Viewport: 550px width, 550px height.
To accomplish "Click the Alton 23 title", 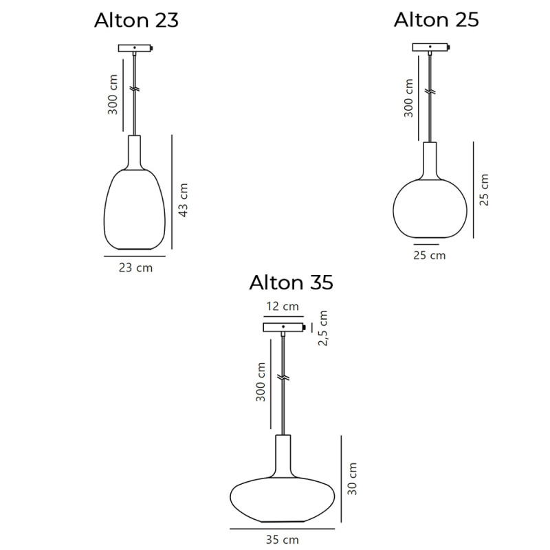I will (136, 21).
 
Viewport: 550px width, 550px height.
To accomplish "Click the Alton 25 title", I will (436, 20).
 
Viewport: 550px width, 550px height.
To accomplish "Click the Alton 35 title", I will (291, 283).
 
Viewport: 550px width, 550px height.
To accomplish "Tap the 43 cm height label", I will (183, 200).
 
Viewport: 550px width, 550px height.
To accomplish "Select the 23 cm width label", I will (135, 268).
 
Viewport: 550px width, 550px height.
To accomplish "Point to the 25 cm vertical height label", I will (485, 190).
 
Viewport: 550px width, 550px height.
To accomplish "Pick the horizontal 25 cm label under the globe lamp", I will (429, 256).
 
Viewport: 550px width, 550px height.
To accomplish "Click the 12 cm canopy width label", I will (283, 307).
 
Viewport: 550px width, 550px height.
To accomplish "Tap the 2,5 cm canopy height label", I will (323, 328).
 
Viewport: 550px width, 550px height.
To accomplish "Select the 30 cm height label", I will (353, 480).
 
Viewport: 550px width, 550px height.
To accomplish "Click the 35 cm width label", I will (283, 540).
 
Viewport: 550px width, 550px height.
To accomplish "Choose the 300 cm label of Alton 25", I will (408, 98).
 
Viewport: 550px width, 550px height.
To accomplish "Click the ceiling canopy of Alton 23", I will (135, 49).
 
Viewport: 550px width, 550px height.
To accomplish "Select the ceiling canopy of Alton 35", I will (283, 326).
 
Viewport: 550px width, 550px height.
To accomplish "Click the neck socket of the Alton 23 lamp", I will (135, 151).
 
